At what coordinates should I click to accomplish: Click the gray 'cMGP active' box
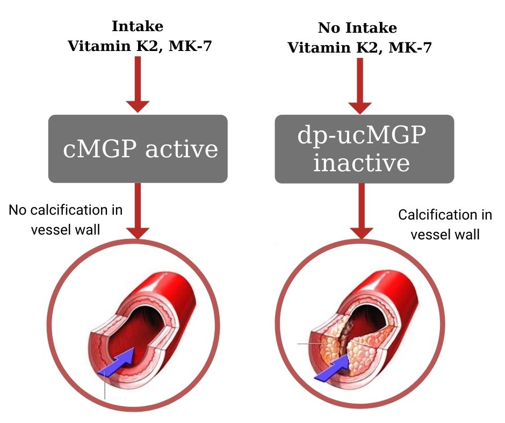tap(138, 148)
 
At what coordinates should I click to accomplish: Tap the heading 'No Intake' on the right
tap(357, 28)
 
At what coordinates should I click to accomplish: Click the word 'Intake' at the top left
tap(138, 26)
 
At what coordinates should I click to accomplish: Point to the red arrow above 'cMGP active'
tap(138, 83)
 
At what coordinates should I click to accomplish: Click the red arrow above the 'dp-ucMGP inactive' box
tap(360, 85)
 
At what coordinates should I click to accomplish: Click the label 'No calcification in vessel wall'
tap(66, 219)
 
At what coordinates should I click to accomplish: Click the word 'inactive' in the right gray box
tap(361, 163)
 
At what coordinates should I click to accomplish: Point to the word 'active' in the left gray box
tap(182, 149)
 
